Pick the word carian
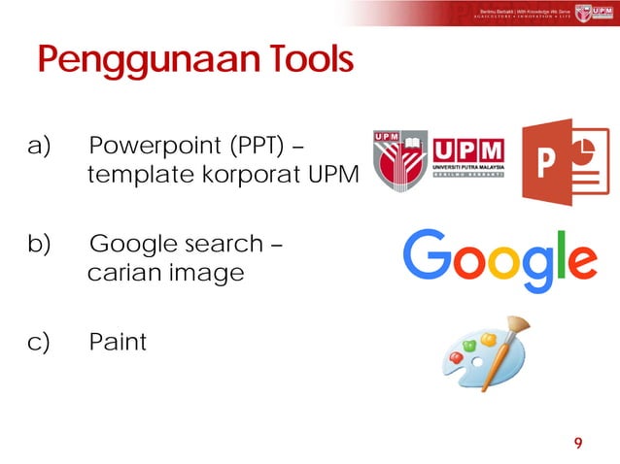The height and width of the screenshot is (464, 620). click(x=124, y=273)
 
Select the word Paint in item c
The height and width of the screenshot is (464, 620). click(x=118, y=342)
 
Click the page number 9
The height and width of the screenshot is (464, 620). click(x=578, y=443)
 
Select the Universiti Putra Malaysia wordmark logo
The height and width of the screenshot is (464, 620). click(x=467, y=161)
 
